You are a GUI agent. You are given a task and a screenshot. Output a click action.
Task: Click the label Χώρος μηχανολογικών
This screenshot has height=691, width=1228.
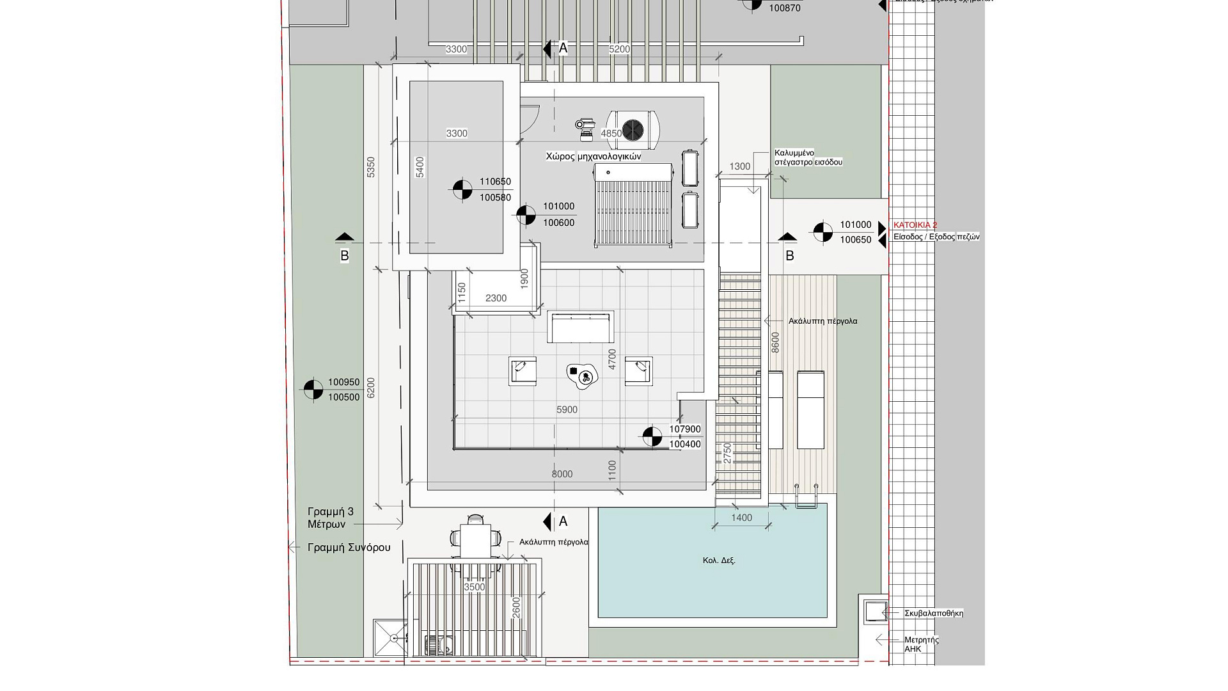593,156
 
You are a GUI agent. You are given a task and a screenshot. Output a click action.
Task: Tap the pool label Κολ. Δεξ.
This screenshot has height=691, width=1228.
719,560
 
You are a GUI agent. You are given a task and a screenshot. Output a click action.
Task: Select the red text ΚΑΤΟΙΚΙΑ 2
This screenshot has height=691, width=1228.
915,225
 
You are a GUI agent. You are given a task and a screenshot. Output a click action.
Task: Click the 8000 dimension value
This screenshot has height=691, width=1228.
562,474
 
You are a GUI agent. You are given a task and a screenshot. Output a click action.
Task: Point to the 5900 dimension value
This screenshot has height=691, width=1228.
567,409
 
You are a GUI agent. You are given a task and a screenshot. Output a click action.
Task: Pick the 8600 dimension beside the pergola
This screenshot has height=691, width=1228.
775,342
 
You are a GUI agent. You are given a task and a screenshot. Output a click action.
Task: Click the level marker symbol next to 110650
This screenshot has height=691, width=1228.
462,189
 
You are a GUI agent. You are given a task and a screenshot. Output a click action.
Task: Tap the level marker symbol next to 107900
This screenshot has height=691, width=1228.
652,436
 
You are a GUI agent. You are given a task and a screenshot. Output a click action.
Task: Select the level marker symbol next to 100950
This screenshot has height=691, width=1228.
313,390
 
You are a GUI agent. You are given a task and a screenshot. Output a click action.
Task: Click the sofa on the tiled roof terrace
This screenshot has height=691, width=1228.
580,328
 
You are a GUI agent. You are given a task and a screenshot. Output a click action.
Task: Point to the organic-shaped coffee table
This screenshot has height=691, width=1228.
582,376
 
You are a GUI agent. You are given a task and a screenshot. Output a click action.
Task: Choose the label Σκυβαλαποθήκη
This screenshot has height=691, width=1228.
934,613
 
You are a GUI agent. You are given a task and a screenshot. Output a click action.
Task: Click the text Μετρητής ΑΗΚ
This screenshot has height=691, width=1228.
921,644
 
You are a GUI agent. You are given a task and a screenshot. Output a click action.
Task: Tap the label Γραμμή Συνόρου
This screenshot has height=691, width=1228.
349,548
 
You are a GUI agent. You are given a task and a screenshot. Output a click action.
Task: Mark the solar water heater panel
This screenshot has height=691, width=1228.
634,205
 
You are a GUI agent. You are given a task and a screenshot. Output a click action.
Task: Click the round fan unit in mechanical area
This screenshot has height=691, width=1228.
633,130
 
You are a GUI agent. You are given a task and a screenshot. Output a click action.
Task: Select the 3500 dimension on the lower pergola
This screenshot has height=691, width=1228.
475,587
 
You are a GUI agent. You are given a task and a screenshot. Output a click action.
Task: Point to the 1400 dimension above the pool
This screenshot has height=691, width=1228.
741,518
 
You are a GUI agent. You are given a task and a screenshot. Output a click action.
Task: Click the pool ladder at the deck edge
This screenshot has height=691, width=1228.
807,496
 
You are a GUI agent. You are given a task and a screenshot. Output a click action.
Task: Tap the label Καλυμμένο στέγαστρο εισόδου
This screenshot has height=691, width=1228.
808,157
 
